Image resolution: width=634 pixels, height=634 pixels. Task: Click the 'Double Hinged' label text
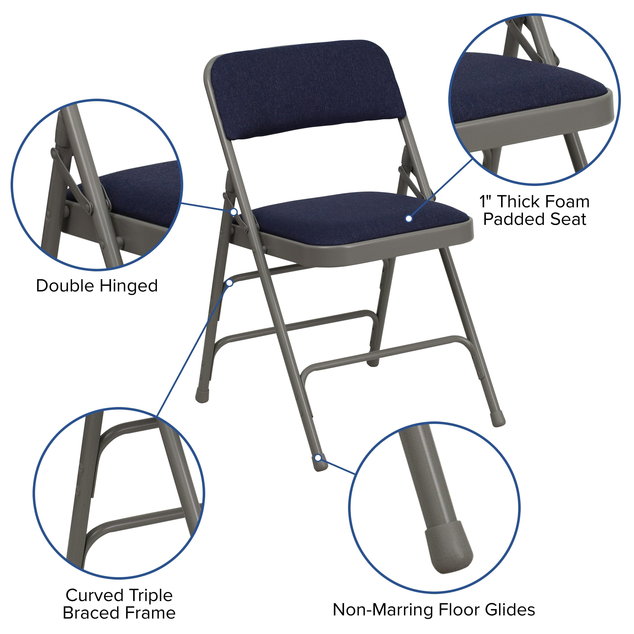click(97, 286)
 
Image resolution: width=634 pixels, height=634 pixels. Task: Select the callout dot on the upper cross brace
click(230, 283)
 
